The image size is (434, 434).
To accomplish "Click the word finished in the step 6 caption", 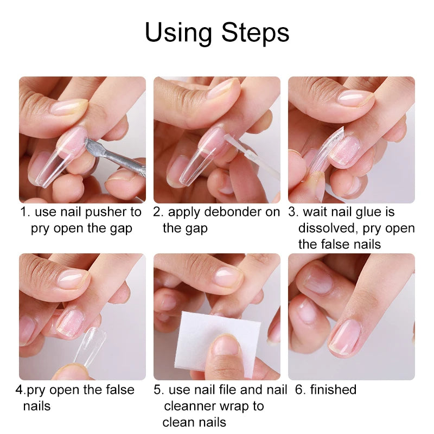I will coord(333,390).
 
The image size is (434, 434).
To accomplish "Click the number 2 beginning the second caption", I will coord(157,212).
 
